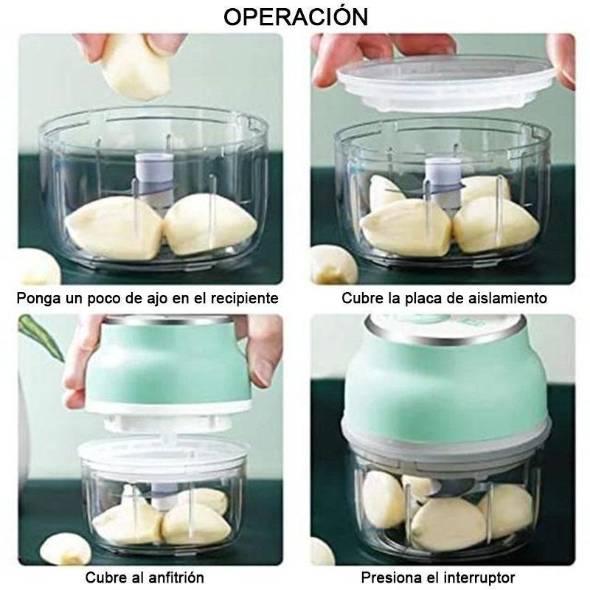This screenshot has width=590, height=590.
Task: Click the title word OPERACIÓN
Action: tap(296, 16)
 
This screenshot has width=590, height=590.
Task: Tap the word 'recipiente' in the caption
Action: tap(245, 298)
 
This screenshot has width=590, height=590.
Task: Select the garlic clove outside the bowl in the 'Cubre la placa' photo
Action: tap(333, 264)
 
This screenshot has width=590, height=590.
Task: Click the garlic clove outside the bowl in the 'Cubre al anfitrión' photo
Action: tap(65, 550)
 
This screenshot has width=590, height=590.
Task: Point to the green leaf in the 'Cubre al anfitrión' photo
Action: tap(41, 337)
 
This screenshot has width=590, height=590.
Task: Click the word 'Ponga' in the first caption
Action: tap(38, 299)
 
